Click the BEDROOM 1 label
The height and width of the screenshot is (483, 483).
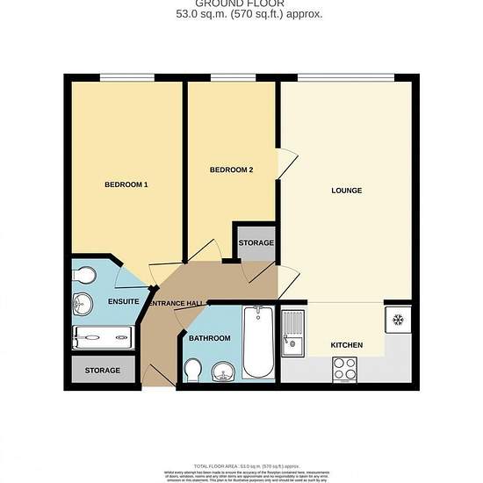126,184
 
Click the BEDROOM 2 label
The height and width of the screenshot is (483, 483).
232,169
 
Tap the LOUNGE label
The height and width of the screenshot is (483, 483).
346,191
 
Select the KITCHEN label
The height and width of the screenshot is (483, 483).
346,345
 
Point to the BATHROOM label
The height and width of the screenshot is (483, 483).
210,338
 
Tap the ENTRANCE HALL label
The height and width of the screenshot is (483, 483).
176,304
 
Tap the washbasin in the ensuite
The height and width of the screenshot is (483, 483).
82,304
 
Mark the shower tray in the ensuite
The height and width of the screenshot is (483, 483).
104,335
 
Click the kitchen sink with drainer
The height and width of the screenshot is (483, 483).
292,335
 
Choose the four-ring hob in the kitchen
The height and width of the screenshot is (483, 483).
344,370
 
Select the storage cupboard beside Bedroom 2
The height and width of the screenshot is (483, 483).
256,242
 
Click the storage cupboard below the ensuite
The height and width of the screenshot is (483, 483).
103,371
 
